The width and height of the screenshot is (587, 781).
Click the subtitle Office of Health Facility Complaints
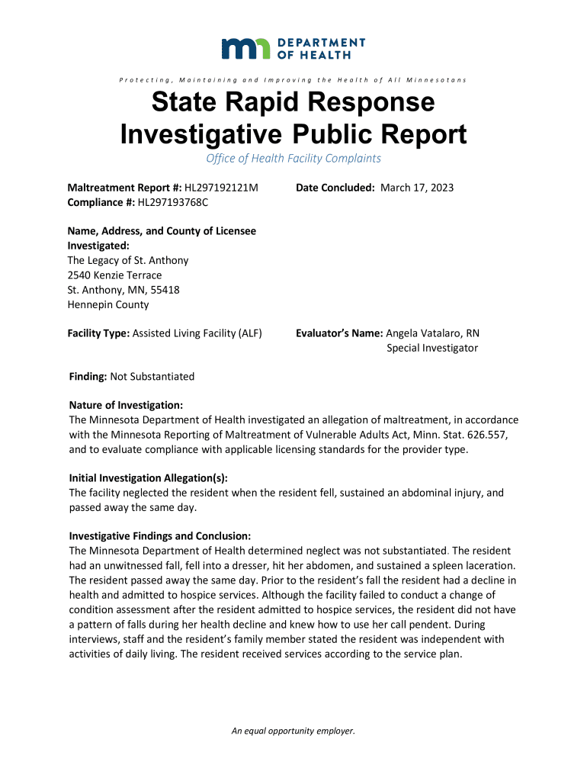pos(293,159)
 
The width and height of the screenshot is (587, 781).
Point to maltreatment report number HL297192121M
pos(222,188)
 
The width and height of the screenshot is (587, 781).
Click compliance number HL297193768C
pos(172,202)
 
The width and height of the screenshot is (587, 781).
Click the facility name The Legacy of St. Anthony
pos(128,260)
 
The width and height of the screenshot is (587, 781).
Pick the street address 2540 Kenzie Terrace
pos(114,275)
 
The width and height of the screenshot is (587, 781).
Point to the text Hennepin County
pos(108,304)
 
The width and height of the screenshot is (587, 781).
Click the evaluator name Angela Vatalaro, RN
pos(433,333)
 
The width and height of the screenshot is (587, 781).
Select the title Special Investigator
pos(432,348)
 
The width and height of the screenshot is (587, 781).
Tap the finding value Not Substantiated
pos(152,376)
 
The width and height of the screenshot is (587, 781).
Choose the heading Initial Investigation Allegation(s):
pos(149,478)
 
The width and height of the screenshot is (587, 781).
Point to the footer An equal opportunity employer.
pos(293,731)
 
